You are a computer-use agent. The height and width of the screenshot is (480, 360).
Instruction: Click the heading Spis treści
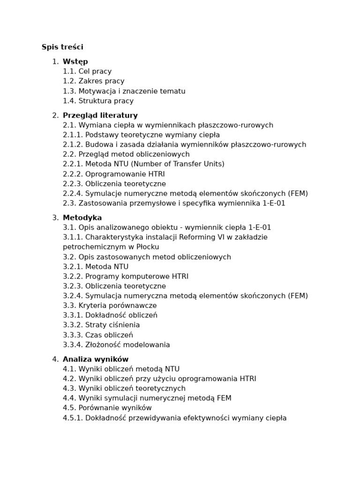[x=62, y=47]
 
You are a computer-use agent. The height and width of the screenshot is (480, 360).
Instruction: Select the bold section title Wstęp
[x=75, y=61]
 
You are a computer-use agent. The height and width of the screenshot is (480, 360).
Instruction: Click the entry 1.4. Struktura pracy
[x=98, y=101]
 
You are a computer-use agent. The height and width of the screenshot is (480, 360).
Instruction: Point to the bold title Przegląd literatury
[x=100, y=115]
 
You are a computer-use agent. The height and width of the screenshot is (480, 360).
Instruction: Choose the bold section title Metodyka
[x=82, y=217]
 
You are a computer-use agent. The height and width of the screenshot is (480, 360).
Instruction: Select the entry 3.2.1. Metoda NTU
[x=96, y=267]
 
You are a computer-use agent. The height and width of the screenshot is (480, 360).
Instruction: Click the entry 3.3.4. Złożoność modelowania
[x=116, y=345]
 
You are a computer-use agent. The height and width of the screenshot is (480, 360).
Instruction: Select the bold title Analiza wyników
[x=95, y=359]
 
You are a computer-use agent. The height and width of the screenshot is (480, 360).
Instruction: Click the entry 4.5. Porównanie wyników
[x=107, y=408]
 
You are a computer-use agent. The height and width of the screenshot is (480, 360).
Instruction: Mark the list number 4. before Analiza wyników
[x=55, y=359]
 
